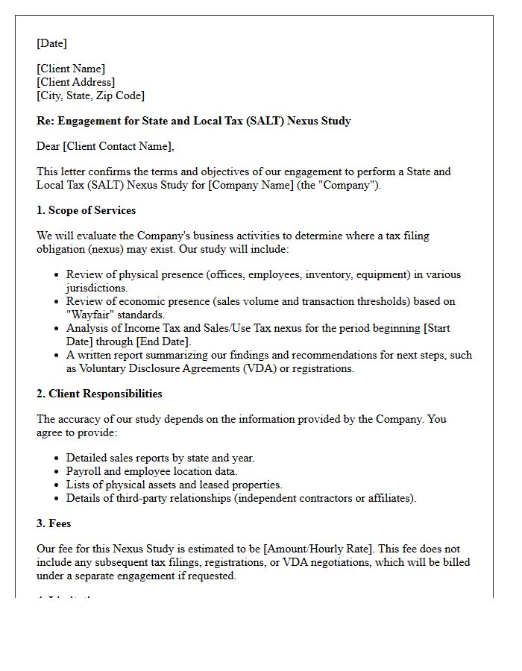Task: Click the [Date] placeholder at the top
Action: pos(51,43)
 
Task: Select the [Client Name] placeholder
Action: pos(71,69)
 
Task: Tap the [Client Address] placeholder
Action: pos(75,82)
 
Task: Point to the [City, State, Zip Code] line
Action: pos(90,95)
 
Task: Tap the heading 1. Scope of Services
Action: pos(86,210)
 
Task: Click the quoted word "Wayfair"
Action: pos(92,315)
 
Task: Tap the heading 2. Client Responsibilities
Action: pos(99,394)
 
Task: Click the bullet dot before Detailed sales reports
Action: pos(57,459)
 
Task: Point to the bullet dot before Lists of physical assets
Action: pos(57,485)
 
